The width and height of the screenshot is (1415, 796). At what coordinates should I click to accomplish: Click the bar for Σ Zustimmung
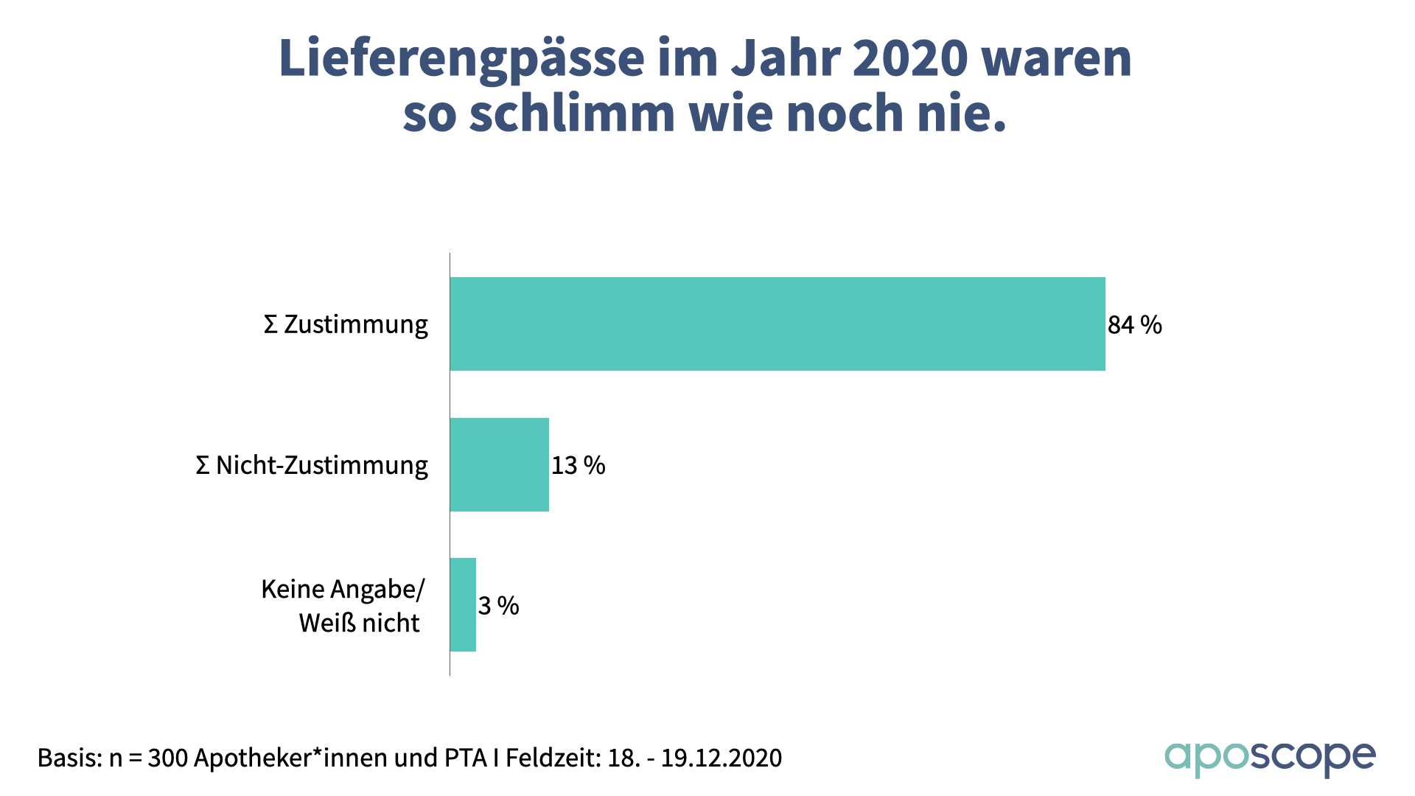[x=778, y=324]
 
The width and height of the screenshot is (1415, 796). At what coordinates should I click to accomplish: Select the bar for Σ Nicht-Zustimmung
[x=500, y=464]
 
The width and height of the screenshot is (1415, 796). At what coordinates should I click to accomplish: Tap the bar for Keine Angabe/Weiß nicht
[x=463, y=604]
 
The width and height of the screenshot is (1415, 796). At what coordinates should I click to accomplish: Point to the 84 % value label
[x=1134, y=324]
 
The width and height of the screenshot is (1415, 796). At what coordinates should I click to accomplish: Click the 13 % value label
[x=578, y=465]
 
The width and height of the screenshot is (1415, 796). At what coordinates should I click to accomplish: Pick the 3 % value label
[x=498, y=606]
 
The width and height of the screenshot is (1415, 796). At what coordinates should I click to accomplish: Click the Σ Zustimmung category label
[x=346, y=324]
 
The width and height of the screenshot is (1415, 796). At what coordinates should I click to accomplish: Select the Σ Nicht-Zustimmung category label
[x=312, y=465]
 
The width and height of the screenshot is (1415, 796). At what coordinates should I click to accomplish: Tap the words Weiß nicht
[x=359, y=623]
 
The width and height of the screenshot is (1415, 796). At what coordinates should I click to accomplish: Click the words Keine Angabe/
[x=343, y=589]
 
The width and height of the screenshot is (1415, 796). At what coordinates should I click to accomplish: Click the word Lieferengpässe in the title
[x=461, y=59]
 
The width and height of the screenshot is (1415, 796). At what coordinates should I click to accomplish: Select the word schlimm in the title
[x=571, y=114]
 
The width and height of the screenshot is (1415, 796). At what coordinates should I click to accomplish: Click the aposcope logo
[x=1269, y=758]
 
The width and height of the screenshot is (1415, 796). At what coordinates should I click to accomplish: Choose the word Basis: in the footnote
[x=69, y=758]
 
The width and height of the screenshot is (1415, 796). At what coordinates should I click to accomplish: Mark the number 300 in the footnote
[x=167, y=758]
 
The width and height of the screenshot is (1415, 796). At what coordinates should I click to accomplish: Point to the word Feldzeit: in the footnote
[x=553, y=758]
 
